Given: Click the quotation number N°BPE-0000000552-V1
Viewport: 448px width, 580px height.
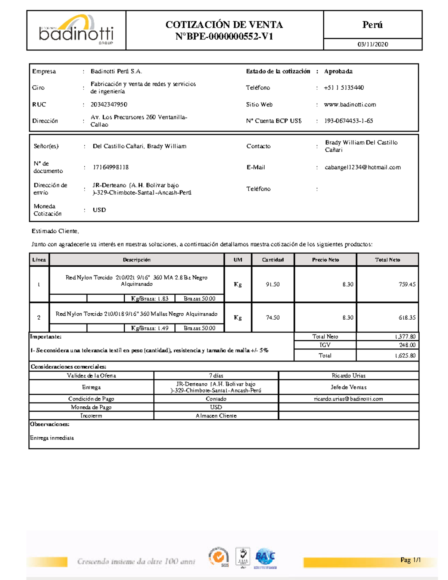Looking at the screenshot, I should point(224,37).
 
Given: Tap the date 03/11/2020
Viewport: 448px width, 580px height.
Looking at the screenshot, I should point(373,44).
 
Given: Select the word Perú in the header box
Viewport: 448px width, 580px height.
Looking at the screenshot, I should point(372,25).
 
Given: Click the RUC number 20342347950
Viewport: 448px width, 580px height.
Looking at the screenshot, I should point(109,105).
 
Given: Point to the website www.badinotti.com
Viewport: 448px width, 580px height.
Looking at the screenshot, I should point(350,105).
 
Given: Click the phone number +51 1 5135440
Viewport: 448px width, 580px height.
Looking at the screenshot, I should point(344,88).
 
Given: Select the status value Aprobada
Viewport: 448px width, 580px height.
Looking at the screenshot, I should point(338,71).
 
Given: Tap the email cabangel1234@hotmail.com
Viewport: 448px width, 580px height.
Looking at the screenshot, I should point(363,167).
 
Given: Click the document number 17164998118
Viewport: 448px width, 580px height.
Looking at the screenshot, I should point(111,167).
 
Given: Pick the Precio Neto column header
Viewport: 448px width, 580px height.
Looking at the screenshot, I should point(325,260).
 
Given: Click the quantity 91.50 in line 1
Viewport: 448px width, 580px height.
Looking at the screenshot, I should point(273,285).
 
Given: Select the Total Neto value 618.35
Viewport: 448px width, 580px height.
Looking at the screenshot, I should point(407,318).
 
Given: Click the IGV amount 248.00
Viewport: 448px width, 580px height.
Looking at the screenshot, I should point(407,345).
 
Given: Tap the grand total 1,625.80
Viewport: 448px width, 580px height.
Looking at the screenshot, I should point(405,356).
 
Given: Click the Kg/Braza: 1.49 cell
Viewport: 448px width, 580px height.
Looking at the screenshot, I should point(149,328).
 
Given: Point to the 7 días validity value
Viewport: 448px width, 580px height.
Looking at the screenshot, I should point(216,376).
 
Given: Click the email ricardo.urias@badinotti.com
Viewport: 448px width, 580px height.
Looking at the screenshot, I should point(348,399).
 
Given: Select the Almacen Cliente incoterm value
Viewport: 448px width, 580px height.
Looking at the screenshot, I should point(216,416).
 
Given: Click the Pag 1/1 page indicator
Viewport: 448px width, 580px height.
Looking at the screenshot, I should point(410,560).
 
